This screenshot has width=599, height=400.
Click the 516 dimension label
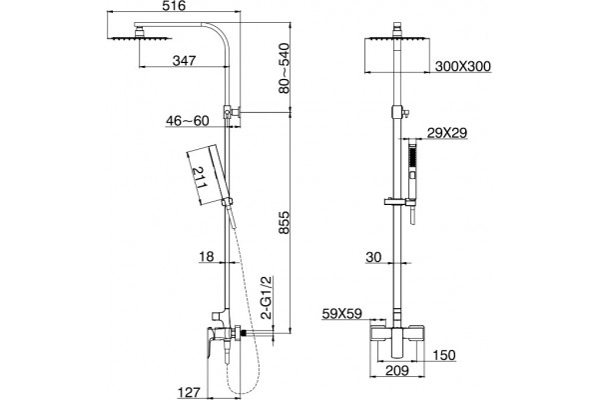pyautogui.click(x=175, y=6)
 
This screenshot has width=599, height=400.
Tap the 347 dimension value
pyautogui.click(x=184, y=60)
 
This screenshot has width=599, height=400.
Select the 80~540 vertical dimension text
pyautogui.click(x=284, y=68)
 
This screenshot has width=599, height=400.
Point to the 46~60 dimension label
pyautogui.click(x=188, y=121)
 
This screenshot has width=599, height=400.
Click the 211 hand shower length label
pyautogui.click(x=200, y=177)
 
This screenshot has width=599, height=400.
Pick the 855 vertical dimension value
pyautogui.click(x=285, y=222)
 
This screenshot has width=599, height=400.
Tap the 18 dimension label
pyautogui.click(x=207, y=256)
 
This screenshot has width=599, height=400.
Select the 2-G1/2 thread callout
pyautogui.click(x=267, y=297)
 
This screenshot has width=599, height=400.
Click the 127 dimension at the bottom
pyautogui.click(x=189, y=392)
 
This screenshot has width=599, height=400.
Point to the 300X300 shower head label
pyautogui.click(x=463, y=66)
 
